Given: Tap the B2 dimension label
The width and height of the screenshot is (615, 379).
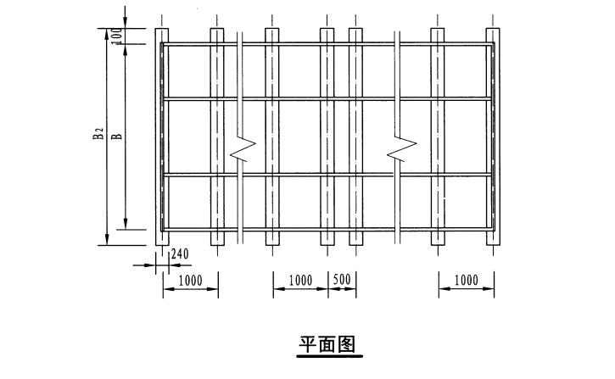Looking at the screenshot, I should tap(98, 136).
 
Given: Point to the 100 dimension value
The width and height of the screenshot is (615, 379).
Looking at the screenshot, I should tap(119, 35).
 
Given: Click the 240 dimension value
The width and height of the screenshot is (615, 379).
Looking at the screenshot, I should tap(180, 254).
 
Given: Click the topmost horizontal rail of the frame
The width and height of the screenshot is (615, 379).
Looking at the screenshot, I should tap(327, 44).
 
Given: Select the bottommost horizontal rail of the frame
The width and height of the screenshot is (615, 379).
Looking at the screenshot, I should tap(327, 229).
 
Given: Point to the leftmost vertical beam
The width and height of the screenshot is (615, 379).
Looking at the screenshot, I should tap(161, 136).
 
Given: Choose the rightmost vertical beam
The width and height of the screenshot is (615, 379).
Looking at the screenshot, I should tap(493, 136).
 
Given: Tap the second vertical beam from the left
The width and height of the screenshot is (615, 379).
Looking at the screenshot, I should tap(216, 136).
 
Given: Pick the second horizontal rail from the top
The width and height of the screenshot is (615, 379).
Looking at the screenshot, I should tap(327, 99).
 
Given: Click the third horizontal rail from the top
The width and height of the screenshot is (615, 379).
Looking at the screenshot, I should tap(327, 175).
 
